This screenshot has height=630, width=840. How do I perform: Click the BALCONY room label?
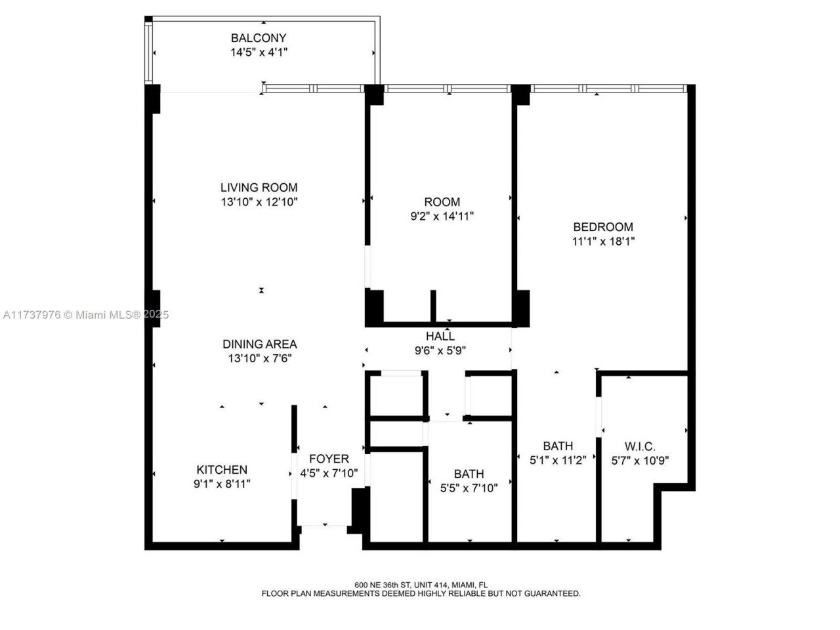[259, 38]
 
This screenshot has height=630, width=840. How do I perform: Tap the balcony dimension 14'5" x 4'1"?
[259, 52]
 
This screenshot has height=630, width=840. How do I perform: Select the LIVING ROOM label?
[259, 188]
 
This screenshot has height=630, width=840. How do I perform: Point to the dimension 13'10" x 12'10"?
[259, 202]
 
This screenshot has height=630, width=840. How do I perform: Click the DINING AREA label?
[259, 344]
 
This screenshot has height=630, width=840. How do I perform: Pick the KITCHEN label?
[222, 470]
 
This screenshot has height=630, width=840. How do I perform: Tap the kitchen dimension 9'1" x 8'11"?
[222, 484]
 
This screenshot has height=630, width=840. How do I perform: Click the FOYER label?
[329, 459]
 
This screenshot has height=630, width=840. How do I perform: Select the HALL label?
[440, 336]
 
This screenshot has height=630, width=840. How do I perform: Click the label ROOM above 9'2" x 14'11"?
[442, 202]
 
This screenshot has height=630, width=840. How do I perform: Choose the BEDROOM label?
[603, 227]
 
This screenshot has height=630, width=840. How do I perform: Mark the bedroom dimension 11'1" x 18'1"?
[603, 241]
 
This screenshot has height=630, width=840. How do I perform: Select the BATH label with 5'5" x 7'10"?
[469, 474]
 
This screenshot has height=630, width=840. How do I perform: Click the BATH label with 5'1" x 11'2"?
[557, 447]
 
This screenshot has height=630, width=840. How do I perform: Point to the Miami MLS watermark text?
[85, 315]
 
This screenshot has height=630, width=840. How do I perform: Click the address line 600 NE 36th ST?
[421, 585]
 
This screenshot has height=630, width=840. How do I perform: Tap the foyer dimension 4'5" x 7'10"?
[329, 473]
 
